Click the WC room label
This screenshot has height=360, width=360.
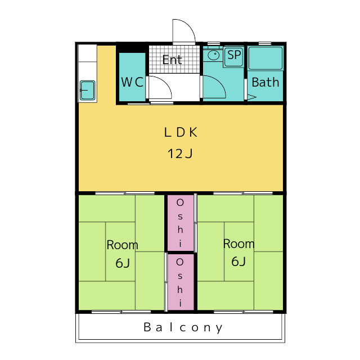point(132,82)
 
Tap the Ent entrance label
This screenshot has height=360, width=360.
point(172,60)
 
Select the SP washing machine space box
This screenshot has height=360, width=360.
point(234,57)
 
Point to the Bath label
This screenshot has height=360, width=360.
point(265,82)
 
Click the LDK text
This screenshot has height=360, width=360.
point(181,132)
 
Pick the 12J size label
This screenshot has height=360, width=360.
point(180,154)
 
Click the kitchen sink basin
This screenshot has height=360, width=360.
point(88,90)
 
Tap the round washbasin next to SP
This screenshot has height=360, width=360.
point(214,55)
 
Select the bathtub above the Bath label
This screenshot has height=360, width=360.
point(265,58)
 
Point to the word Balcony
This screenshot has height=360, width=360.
point(183,327)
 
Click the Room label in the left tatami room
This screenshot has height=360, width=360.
point(123,245)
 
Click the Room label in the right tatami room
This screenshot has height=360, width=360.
point(238,244)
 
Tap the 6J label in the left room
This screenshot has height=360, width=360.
point(123,263)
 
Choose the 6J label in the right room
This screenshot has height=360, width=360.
point(238,261)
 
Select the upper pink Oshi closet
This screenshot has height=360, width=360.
point(181,223)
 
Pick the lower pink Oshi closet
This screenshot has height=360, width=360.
point(181,282)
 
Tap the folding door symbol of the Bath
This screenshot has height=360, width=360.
point(251,97)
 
